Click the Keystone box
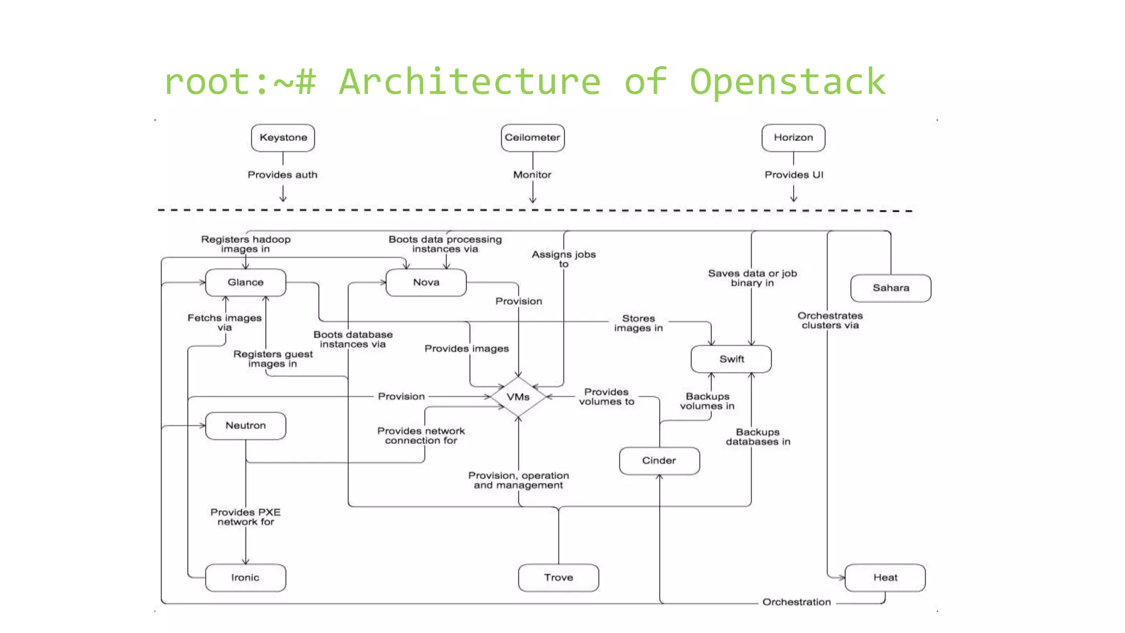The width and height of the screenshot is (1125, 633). [283, 137]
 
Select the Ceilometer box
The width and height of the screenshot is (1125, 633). [532, 137]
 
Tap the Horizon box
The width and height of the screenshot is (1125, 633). [793, 137]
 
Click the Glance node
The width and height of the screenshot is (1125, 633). [246, 282]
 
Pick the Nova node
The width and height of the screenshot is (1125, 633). [426, 282]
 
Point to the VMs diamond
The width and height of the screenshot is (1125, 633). [518, 397]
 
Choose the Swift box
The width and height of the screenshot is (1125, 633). [731, 359]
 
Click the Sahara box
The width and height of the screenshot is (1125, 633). [890, 288]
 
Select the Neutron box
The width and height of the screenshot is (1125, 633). [246, 426]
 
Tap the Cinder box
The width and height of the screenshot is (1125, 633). [659, 460]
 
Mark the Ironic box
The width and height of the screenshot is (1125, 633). [246, 578]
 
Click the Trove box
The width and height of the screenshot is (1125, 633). [559, 578]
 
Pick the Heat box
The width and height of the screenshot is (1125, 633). [885, 578]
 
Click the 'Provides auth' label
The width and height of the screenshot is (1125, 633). [282, 175]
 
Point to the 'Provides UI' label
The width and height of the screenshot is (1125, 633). [794, 175]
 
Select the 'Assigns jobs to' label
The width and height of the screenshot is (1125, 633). [564, 259]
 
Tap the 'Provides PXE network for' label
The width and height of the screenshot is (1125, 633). [246, 517]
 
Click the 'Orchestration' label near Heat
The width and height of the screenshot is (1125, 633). [797, 602]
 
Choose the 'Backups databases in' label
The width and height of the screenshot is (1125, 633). [758, 437]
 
